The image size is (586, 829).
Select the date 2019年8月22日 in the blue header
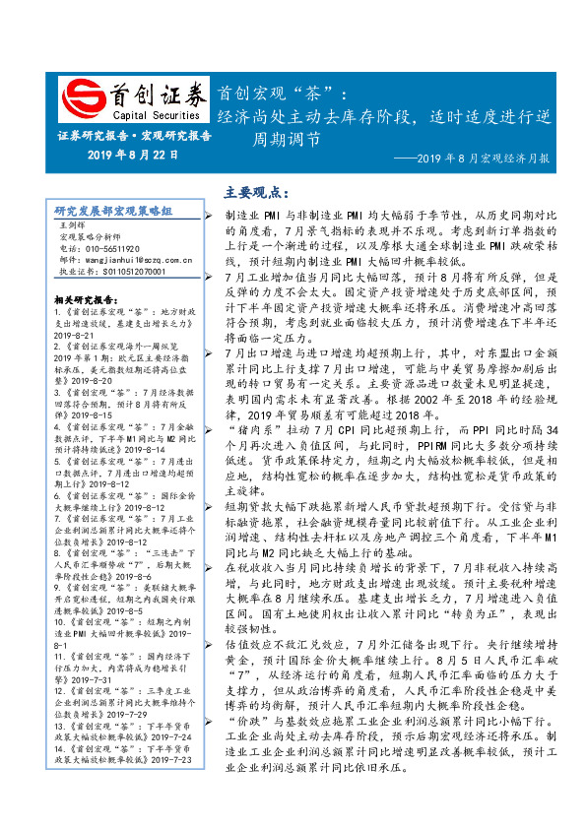click(133, 154)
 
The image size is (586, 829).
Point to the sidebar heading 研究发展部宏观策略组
click(113, 211)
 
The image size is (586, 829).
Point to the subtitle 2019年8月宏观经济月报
click(483, 158)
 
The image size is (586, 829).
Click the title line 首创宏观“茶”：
click(281, 94)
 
